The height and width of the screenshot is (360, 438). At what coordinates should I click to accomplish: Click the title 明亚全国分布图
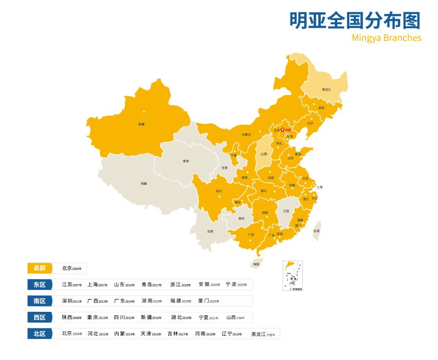(355, 20)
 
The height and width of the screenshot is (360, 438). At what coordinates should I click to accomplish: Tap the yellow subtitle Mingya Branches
(386, 38)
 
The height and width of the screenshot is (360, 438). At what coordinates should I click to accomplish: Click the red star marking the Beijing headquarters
(283, 130)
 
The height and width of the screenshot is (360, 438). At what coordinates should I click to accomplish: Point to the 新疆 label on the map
(141, 125)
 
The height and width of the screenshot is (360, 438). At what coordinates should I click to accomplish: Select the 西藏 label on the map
(144, 183)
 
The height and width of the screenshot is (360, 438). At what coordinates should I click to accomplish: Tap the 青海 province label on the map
(186, 161)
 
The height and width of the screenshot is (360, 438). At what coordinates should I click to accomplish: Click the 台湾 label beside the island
(316, 231)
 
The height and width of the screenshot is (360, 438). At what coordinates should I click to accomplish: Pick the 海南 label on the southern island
(256, 265)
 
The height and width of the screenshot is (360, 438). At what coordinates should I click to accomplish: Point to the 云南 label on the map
(210, 231)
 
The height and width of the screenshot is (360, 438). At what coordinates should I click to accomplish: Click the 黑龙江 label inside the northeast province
(326, 90)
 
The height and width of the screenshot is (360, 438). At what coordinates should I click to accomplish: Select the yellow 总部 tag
(40, 268)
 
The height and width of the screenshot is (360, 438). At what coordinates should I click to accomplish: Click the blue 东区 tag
(40, 285)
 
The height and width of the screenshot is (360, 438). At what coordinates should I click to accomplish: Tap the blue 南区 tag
(40, 301)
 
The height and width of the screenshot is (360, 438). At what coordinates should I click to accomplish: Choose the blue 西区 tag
(40, 318)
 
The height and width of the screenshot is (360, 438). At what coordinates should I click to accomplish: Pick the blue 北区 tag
(40, 334)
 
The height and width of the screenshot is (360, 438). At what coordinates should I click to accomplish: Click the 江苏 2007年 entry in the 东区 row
(72, 285)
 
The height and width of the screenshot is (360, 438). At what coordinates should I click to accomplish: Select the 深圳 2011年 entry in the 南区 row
(72, 301)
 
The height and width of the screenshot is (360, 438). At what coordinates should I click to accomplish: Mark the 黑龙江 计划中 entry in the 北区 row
(263, 334)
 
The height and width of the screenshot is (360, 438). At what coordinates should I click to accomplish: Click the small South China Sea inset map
(292, 276)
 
